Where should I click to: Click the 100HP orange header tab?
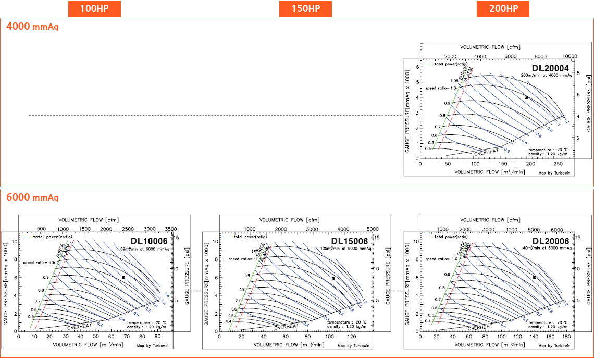pos(94,8)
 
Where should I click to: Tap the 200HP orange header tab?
pos(503,8)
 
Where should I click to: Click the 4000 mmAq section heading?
pos(32,26)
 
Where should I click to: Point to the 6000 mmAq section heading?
pos(32,197)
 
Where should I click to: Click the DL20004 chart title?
pos(553,68)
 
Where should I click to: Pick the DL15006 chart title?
pos(349,241)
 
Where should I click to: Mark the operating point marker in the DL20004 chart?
pos(527,97)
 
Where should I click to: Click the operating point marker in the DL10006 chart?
pos(123,277)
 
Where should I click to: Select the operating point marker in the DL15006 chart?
pos(333,279)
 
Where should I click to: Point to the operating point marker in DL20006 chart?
pos(534,277)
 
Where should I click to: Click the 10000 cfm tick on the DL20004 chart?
pos(570,56)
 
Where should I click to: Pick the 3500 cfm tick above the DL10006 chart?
pos(170,229)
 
